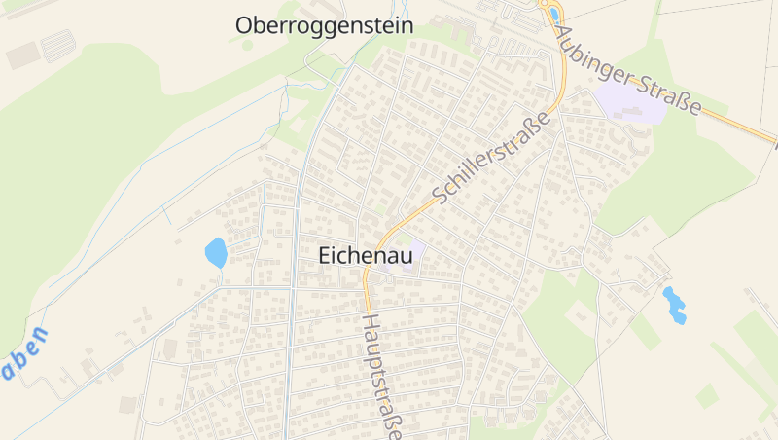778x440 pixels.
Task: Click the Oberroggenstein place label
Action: (324, 26)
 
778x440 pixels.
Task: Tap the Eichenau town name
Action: (366, 256)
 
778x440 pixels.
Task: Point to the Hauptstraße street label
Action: (380, 375)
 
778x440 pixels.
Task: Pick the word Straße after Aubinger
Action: (670, 94)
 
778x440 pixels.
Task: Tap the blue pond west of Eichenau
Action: (216, 253)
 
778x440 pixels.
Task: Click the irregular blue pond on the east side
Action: (674, 305)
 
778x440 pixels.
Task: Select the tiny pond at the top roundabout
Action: (554, 15)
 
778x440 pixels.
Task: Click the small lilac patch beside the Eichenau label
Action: (415, 250)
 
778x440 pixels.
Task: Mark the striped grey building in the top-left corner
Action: (58, 45)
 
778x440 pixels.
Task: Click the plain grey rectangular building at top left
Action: (22, 55)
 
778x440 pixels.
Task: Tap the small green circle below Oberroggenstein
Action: (247, 45)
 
